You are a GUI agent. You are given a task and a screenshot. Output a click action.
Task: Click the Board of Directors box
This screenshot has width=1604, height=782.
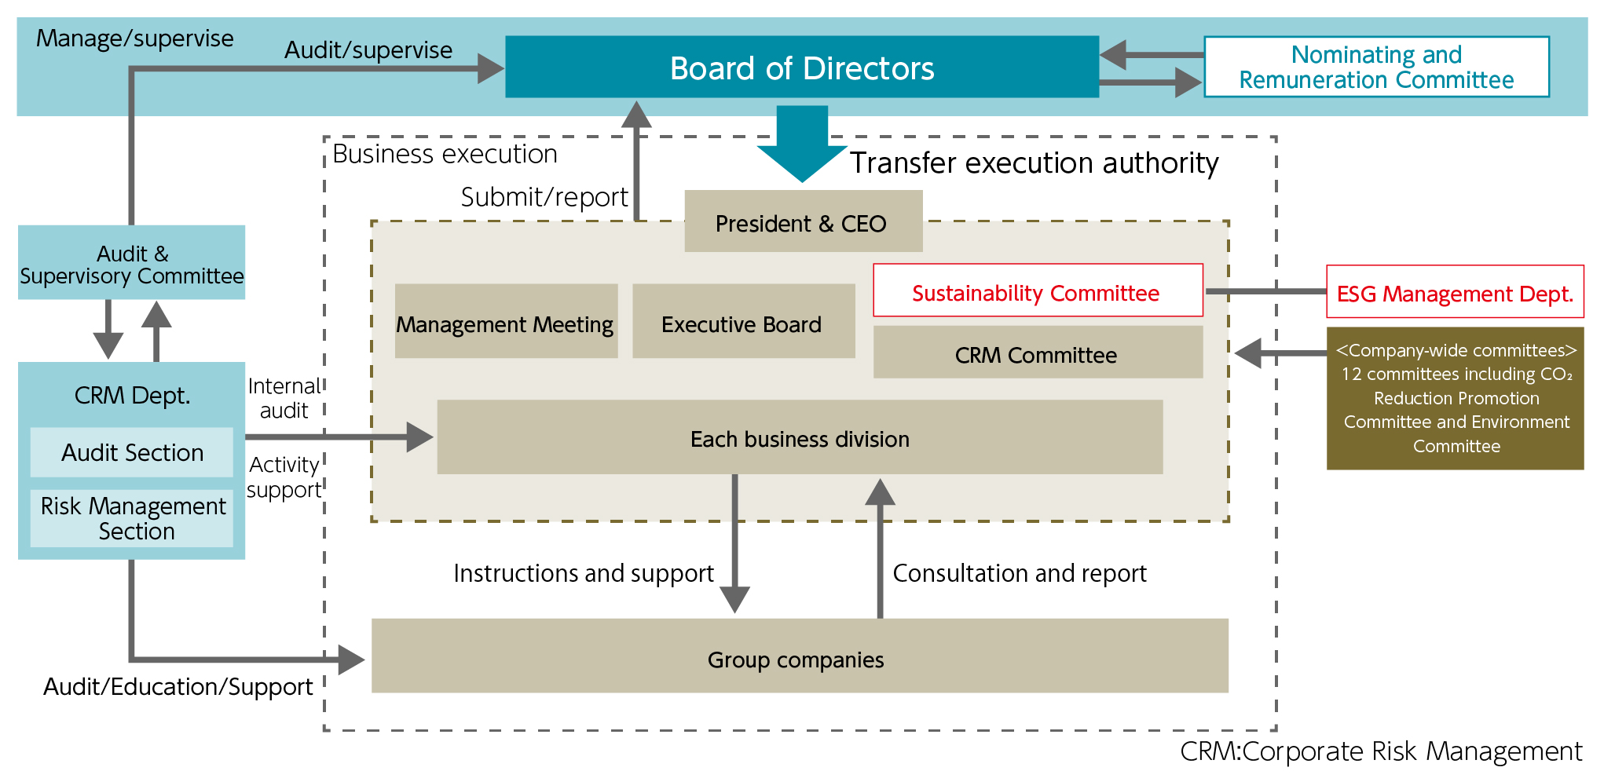pos(801,67)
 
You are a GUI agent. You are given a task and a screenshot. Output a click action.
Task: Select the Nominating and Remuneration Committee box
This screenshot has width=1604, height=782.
pos(1376,67)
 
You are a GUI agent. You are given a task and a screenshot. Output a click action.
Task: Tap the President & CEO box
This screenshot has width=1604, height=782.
pos(802,222)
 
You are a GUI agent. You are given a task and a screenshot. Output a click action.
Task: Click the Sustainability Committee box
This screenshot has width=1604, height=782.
pos(1037,291)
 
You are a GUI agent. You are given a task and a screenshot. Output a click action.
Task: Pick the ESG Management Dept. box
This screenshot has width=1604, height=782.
pos(1454,292)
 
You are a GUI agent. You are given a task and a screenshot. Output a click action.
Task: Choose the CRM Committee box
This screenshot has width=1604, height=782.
pos(1037,353)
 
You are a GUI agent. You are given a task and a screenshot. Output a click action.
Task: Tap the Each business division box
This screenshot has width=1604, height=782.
pos(799,437)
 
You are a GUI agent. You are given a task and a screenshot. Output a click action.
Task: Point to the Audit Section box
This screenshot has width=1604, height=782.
pos(132,452)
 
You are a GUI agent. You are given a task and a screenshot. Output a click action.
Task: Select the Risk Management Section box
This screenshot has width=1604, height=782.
pos(132,518)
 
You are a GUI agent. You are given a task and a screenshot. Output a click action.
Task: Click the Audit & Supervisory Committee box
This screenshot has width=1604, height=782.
pos(131,263)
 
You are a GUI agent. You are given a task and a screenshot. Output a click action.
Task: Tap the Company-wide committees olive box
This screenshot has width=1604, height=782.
pos(1455,398)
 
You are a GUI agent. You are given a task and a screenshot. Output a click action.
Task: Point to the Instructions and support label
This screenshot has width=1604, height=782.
pos(583,573)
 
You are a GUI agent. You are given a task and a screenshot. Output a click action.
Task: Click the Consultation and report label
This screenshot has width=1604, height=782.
pos(1019,573)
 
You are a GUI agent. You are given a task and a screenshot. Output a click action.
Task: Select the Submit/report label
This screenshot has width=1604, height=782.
pos(544,197)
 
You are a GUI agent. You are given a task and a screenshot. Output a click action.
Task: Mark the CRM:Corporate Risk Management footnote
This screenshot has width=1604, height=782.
pos(1380,751)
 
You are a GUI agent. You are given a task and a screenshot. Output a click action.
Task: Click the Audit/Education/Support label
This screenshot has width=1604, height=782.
pos(178,687)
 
